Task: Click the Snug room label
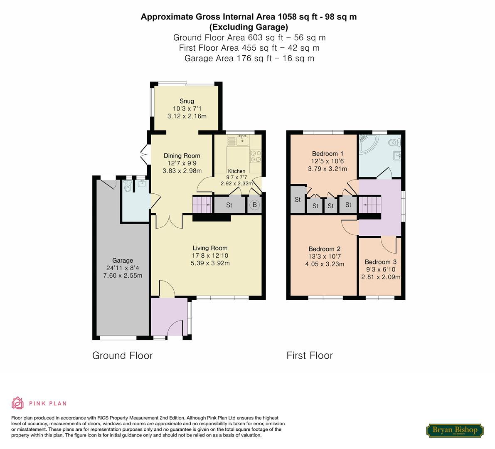[187, 101]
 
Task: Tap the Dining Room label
[182, 155]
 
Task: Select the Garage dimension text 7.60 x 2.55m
[123, 275]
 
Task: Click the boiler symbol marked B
[255, 205]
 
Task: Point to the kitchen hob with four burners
[255, 155]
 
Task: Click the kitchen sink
[242, 140]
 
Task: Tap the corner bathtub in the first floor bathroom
[368, 144]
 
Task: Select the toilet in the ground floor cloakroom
[128, 186]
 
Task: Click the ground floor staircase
[202, 205]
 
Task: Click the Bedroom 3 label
[380, 262]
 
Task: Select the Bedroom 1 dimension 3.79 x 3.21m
[328, 169]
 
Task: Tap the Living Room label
[210, 248]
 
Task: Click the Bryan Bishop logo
[455, 430]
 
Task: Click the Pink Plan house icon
[18, 403]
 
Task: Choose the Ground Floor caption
[123, 355]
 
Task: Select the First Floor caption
[310, 355]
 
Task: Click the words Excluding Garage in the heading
[249, 27]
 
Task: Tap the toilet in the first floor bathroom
[394, 143]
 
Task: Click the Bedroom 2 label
[325, 249]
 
